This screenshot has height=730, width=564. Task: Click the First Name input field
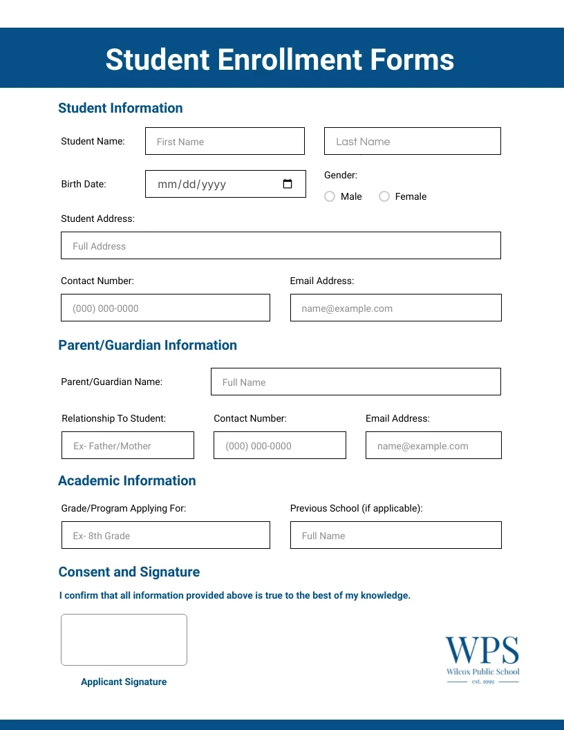coord(225,141)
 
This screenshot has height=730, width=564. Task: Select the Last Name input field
coord(412,141)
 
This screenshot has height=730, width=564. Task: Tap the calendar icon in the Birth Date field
coord(288,184)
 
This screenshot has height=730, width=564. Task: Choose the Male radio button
coord(330,196)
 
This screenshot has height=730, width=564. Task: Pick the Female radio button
coord(384,196)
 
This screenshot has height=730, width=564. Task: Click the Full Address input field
coord(281,245)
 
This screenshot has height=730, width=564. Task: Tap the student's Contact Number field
coord(165,308)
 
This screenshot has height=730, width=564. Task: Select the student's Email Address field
coord(395,308)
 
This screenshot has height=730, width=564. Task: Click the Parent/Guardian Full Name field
coord(355,382)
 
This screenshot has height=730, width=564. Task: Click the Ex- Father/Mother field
coord(128,445)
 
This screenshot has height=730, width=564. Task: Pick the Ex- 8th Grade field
coord(165,535)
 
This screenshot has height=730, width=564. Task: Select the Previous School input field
coord(395,535)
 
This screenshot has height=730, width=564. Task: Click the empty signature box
coord(124,639)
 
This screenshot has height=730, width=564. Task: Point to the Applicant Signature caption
coord(124,682)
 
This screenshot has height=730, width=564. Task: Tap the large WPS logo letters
coord(482,651)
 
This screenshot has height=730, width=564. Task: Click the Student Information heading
coord(120,108)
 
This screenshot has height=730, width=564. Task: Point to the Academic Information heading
coord(127,480)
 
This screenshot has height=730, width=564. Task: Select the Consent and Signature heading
coord(129,572)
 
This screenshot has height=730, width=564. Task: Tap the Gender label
coord(341,175)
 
